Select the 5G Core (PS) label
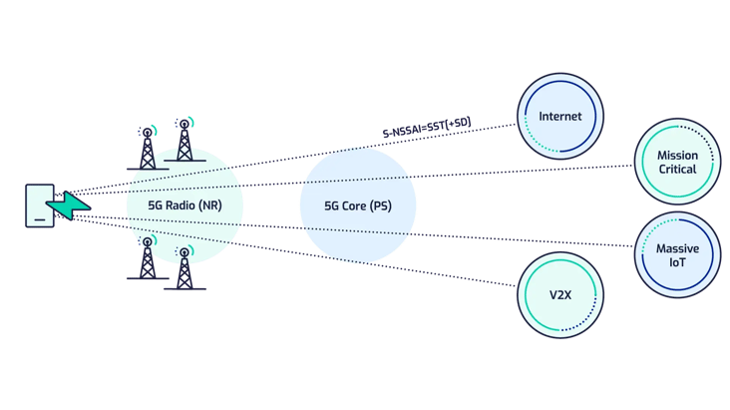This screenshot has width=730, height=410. (357, 205)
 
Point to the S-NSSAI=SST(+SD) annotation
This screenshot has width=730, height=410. (426, 128)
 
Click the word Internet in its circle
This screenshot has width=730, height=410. (559, 117)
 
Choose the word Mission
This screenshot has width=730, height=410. (677, 156)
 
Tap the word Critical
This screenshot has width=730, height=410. (677, 172)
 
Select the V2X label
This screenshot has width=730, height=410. (559, 295)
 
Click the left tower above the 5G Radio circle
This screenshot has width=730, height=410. (148, 148)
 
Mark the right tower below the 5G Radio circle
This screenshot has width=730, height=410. (183, 268)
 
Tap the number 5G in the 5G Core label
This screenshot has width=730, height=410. (333, 205)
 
